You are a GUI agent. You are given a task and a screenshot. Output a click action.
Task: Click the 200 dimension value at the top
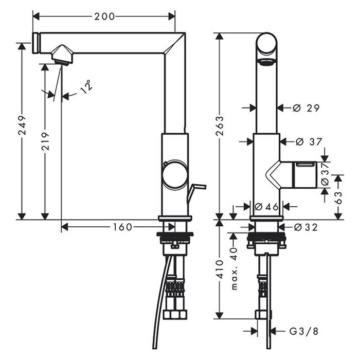click(104, 16)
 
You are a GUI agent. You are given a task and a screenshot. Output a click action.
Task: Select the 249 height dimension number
click(22, 125)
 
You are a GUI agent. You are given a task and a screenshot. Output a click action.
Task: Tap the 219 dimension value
click(45, 141)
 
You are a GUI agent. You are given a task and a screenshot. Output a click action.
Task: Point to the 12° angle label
click(87, 87)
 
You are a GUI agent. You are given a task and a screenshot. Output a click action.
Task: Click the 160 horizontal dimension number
click(122, 227)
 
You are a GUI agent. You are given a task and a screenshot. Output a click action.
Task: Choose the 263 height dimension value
click(220, 126)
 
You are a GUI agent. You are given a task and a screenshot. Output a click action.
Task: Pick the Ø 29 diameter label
click(307, 108)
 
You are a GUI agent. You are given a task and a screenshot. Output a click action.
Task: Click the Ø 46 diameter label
click(266, 207)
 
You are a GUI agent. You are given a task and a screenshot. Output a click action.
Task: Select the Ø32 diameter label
click(306, 227)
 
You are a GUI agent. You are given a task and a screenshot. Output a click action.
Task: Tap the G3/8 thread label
click(304, 331)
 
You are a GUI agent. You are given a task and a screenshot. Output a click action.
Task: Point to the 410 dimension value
click(220, 269)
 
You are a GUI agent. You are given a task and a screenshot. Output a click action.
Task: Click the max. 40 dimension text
click(234, 268)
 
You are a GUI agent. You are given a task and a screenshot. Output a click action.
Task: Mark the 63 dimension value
click(338, 197)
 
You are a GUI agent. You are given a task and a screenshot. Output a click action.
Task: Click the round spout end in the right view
click(266, 44)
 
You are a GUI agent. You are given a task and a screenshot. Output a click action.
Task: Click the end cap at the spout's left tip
click(37, 43)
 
